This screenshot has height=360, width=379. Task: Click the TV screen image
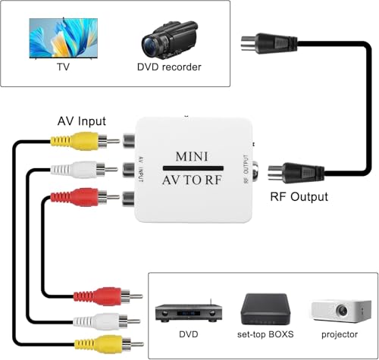point(61,36)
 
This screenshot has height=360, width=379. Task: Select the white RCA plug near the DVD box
point(99,320)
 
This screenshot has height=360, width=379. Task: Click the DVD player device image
point(183,311)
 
